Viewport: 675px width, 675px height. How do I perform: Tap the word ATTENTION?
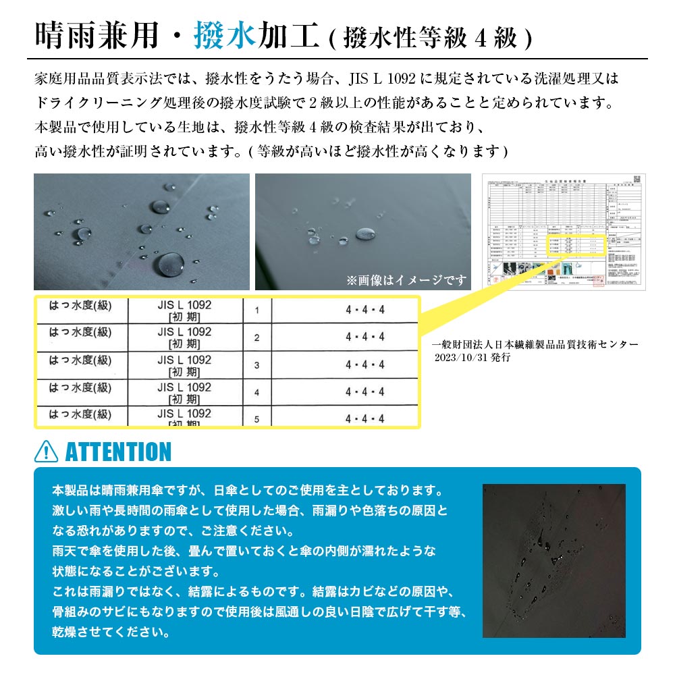pos(119,452)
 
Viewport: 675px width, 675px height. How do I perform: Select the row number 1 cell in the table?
pos(256,310)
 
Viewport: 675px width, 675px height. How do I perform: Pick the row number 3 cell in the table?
pos(256,365)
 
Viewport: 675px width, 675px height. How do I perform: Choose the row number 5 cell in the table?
pos(256,419)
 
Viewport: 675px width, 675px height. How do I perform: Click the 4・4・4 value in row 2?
pos(364,337)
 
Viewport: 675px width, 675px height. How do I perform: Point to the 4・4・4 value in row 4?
pos(364,391)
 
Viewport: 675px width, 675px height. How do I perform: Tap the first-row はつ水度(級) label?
pos(80,305)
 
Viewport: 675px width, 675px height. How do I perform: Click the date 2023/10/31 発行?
pos(473,358)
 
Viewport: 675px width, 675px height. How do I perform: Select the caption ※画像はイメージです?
pos(406,279)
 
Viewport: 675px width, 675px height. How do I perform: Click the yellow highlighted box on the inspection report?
pos(574,246)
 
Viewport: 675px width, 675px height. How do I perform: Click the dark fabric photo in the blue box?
pos(553,560)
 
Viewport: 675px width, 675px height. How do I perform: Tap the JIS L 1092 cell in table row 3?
pos(184,365)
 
